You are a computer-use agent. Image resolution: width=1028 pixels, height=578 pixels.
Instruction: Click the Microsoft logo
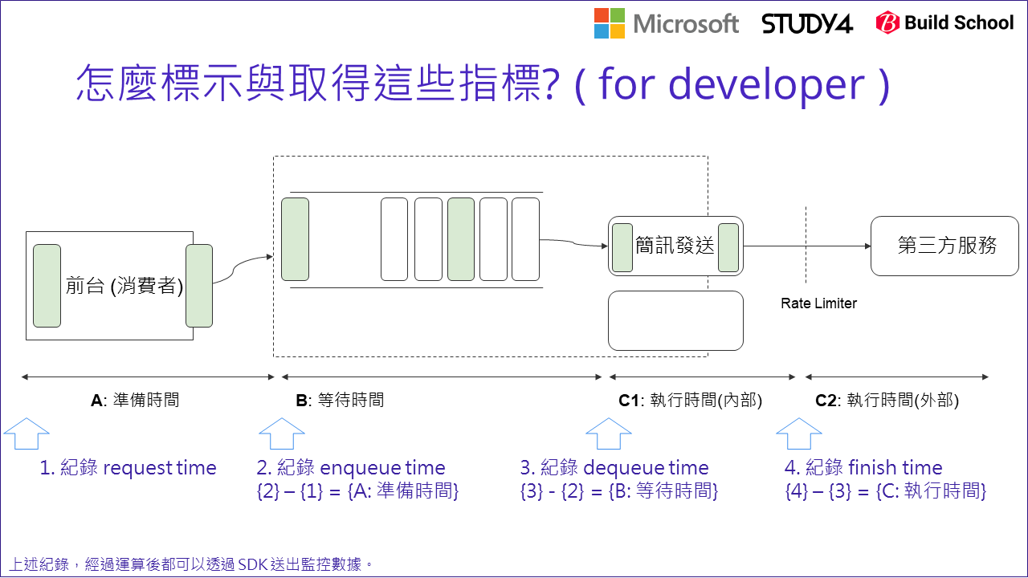tap(666, 23)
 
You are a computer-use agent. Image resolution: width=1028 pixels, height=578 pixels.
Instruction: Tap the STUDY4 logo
tap(807, 23)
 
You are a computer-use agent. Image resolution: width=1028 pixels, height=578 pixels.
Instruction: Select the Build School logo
tap(944, 23)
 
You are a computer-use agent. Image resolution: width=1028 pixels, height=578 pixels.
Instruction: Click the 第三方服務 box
tap(944, 246)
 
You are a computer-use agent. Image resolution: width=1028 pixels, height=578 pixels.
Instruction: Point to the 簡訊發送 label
tap(675, 246)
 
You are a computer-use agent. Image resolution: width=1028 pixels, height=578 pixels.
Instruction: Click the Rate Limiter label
tap(818, 303)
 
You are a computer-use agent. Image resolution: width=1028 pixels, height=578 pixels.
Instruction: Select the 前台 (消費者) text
tap(124, 286)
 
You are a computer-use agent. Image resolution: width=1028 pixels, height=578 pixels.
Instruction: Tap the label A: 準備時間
tap(135, 400)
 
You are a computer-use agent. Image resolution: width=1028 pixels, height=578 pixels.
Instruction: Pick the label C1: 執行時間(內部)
tap(690, 400)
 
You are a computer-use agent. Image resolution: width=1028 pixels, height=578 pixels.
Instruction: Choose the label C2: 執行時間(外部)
tap(887, 400)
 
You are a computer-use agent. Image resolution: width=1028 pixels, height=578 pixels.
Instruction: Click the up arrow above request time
tap(27, 434)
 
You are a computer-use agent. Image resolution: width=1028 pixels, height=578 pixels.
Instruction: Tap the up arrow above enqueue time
tap(281, 434)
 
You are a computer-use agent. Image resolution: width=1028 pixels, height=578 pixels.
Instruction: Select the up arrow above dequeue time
tap(609, 434)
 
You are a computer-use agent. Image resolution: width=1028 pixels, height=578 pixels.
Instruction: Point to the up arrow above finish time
tap(798, 434)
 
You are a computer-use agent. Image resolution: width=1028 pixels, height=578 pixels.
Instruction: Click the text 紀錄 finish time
tap(863, 468)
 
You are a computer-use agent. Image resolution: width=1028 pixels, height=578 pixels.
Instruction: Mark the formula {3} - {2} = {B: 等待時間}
tap(618, 490)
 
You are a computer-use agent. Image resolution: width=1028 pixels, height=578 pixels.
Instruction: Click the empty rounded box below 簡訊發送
tap(675, 320)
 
